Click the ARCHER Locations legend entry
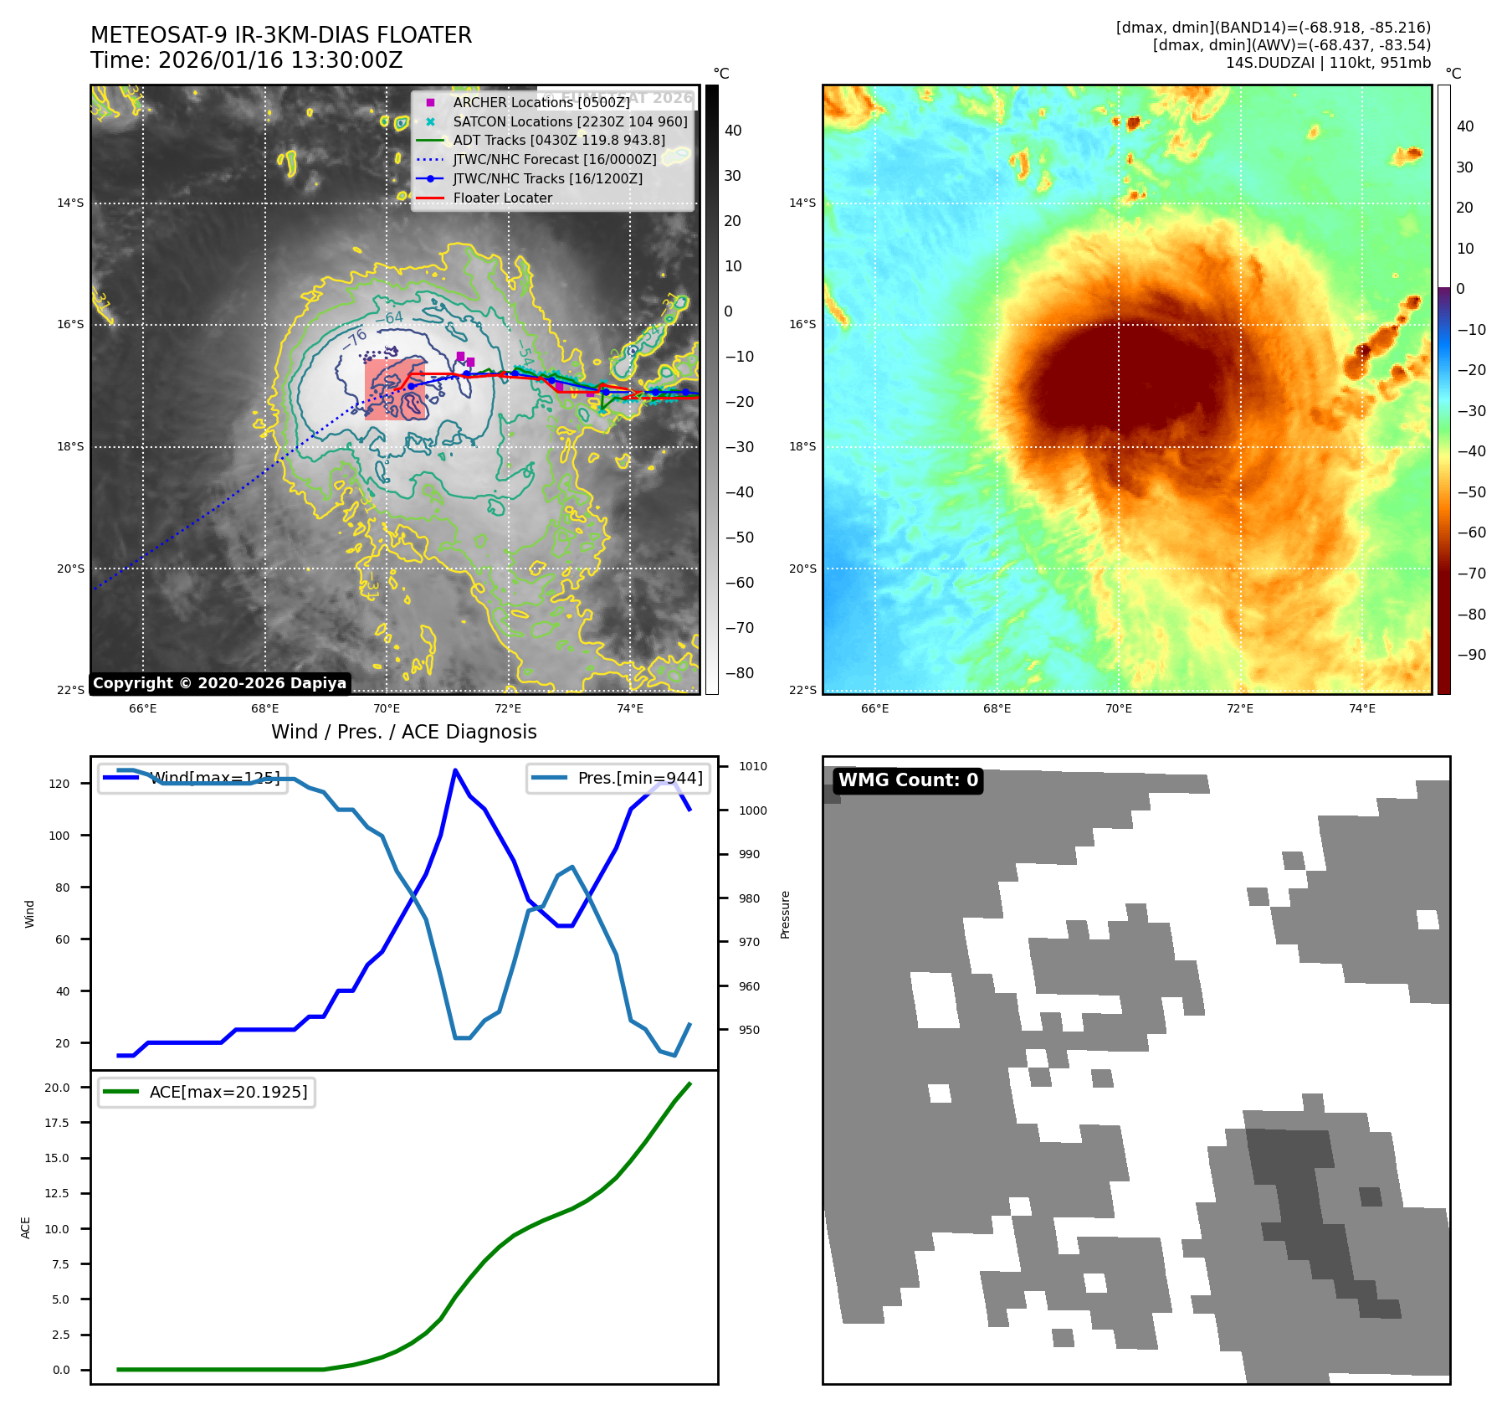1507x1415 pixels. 541,102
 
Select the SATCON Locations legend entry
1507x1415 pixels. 569,121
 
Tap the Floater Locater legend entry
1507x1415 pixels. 502,198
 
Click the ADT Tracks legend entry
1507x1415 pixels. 558,141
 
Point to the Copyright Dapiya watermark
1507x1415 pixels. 219,683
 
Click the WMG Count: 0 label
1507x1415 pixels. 908,780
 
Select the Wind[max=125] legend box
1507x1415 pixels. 193,778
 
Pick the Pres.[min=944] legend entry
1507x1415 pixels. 618,778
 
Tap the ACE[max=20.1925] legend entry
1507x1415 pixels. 207,1092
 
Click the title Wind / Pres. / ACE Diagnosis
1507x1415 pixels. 403,732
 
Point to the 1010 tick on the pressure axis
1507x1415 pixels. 752,766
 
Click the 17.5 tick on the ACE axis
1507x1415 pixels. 58,1123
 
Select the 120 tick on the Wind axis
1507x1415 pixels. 59,784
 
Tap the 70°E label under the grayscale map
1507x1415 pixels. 387,708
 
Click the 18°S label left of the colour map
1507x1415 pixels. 802,446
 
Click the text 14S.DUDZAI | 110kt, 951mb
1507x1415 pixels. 1328,63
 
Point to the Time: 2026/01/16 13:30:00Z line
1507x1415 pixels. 247,60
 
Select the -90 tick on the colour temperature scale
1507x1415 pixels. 1472,655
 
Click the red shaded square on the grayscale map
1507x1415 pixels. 394,389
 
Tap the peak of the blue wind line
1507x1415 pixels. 455,770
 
